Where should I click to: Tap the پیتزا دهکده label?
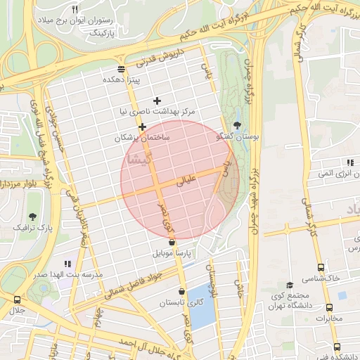122,80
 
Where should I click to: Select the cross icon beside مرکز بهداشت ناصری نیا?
157,101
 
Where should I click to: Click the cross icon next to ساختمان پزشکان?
142,127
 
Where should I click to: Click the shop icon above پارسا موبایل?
172,242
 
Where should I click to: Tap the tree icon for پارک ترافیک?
32,216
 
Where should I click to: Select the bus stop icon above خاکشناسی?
321,267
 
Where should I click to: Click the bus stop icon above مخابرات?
330,307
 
